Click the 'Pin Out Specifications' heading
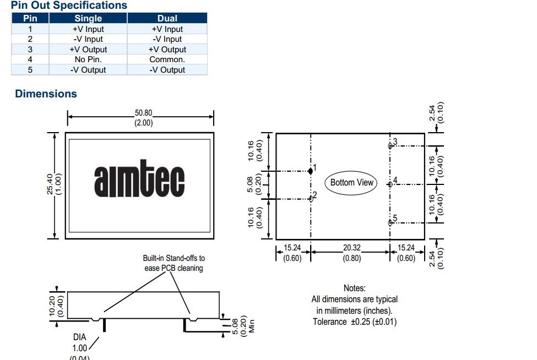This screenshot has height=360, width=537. click(69, 6)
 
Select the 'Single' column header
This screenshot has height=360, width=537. click(88, 18)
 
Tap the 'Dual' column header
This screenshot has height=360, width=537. click(167, 18)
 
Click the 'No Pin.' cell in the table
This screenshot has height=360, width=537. click(88, 59)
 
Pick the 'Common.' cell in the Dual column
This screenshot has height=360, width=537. click(167, 59)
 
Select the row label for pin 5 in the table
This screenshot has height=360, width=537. click(30, 70)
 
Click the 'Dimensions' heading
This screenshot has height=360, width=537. click(46, 94)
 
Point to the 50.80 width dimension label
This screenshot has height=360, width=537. click(144, 113)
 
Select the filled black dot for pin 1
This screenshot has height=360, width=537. click(311, 171)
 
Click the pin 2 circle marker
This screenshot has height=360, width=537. click(311, 199)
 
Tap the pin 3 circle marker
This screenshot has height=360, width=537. click(390, 146)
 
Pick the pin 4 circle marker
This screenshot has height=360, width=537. click(390, 184)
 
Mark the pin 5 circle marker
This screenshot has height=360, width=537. click(390, 222)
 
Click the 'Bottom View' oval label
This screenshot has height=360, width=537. click(352, 182)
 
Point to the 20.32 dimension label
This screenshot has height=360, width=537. click(352, 248)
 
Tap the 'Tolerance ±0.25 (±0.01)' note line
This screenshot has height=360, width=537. click(355, 321)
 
